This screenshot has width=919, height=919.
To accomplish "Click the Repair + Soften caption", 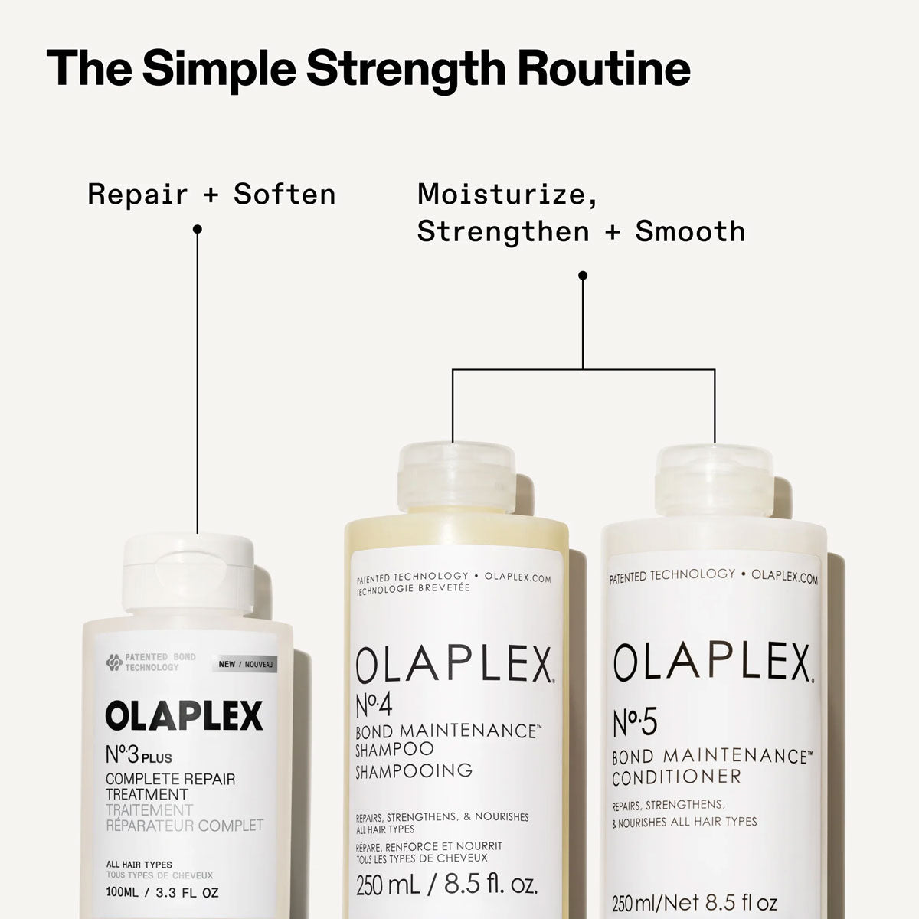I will (211, 194).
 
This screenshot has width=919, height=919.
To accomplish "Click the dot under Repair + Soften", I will (197, 228).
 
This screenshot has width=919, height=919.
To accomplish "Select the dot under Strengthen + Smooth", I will (582, 275).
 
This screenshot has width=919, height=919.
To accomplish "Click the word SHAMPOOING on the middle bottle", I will (414, 770).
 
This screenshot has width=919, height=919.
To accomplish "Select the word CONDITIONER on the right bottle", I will (676, 777).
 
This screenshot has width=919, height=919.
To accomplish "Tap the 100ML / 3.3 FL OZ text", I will (162, 893).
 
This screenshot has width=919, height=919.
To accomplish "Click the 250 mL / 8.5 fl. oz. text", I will (446, 886).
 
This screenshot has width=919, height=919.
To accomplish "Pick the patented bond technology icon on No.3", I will (113, 662).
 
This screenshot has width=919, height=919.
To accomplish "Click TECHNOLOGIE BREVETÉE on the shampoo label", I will (414, 588).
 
